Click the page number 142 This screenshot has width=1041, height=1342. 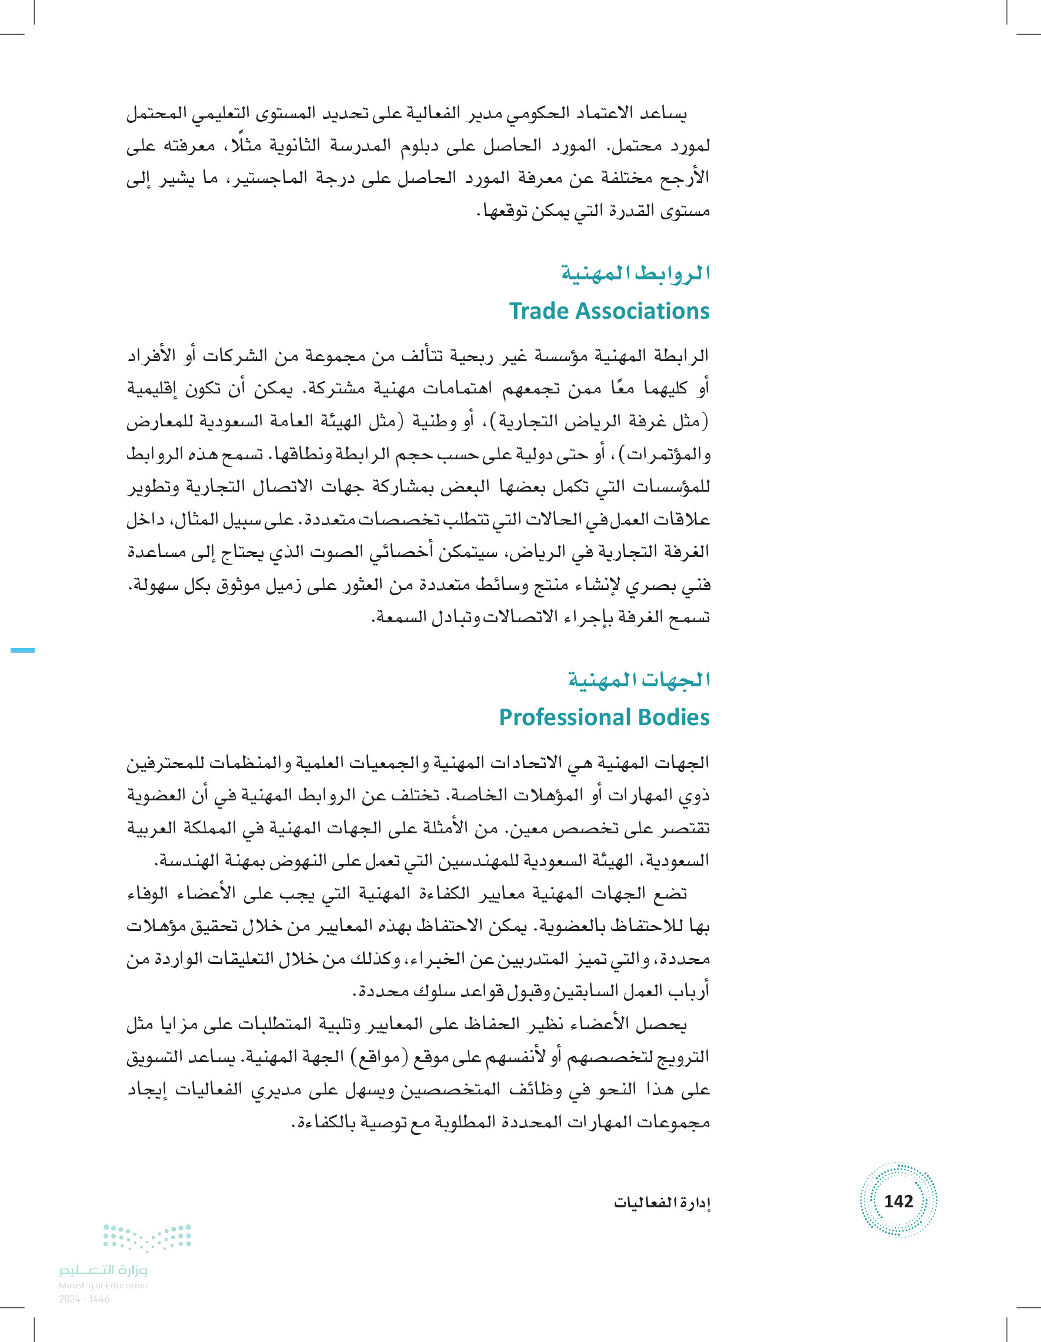pos(898,1201)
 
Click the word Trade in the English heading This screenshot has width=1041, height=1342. pos(538,311)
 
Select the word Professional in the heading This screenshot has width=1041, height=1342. pos(564,717)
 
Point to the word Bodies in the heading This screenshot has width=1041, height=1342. pos(674,717)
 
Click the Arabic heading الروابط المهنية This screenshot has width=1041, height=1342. pos(635,273)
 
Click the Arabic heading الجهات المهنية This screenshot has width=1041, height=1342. pos(639,680)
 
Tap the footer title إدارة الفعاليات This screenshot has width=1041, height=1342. pos(662,1203)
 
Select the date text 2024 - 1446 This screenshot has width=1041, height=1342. pos(84,1299)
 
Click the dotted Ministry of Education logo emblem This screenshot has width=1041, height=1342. pos(148,1237)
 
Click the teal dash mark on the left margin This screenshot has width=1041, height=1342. pos(23,649)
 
